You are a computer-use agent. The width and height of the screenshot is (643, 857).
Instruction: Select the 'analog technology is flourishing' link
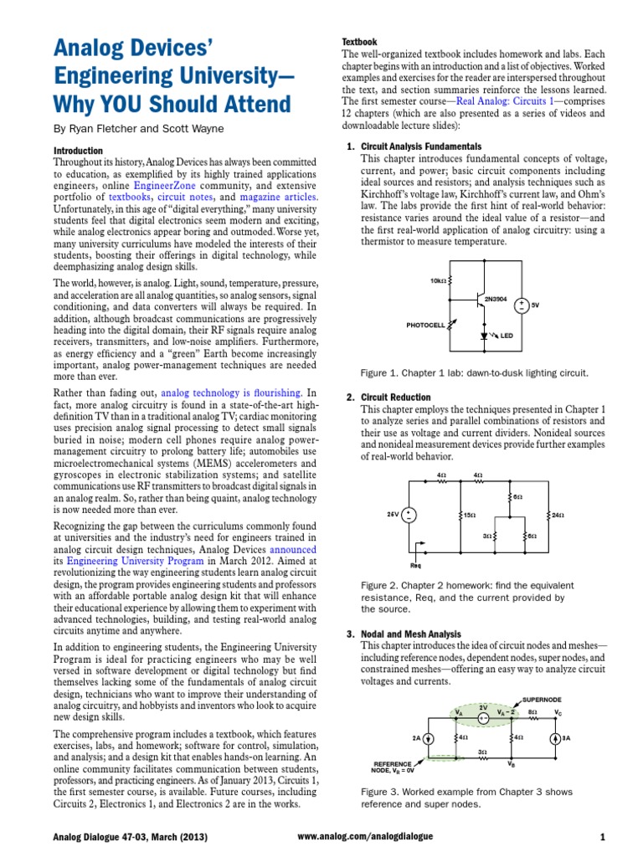pyautogui.click(x=231, y=392)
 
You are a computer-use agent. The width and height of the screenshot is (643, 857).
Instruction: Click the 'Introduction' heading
pyautogui.click(x=78, y=150)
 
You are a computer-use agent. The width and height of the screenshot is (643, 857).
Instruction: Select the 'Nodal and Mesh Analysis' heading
pyautogui.click(x=410, y=634)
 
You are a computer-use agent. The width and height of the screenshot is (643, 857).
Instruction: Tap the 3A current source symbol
pyautogui.click(x=554, y=737)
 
